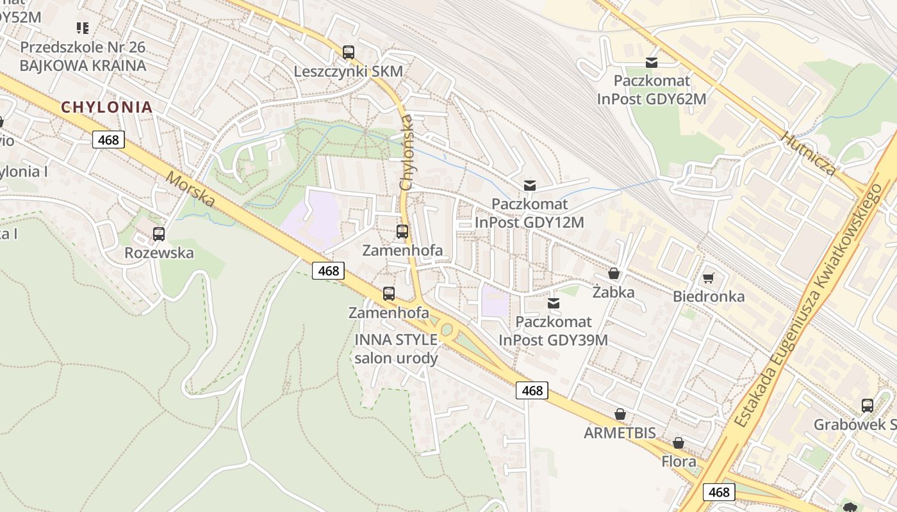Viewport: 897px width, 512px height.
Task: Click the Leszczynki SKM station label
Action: pos(348,71)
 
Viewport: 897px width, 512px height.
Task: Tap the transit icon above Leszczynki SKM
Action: pos(348,52)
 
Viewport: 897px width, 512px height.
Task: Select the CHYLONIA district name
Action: pos(107,108)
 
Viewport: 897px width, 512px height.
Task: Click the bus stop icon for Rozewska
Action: pos(159,234)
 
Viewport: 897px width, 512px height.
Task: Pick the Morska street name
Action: pos(191,189)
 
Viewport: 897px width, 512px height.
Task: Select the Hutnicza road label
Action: pos(809,154)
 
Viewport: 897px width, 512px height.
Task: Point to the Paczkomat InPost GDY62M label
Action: pos(652,90)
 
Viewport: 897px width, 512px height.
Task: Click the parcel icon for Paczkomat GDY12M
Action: pos(530,186)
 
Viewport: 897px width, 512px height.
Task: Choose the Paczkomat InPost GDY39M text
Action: pos(553,331)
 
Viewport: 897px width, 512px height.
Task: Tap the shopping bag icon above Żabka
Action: pos(614,274)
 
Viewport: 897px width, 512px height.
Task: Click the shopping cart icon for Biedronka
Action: pos(708,278)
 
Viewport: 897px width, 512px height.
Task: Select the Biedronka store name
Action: pos(709,296)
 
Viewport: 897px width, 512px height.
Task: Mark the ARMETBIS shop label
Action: pos(620,433)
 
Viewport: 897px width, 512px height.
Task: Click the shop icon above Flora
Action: pos(679,443)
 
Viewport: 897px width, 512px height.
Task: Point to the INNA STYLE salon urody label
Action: pos(396,349)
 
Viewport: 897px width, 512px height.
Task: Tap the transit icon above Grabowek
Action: pos(867,406)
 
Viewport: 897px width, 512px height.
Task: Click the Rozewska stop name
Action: pos(159,253)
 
